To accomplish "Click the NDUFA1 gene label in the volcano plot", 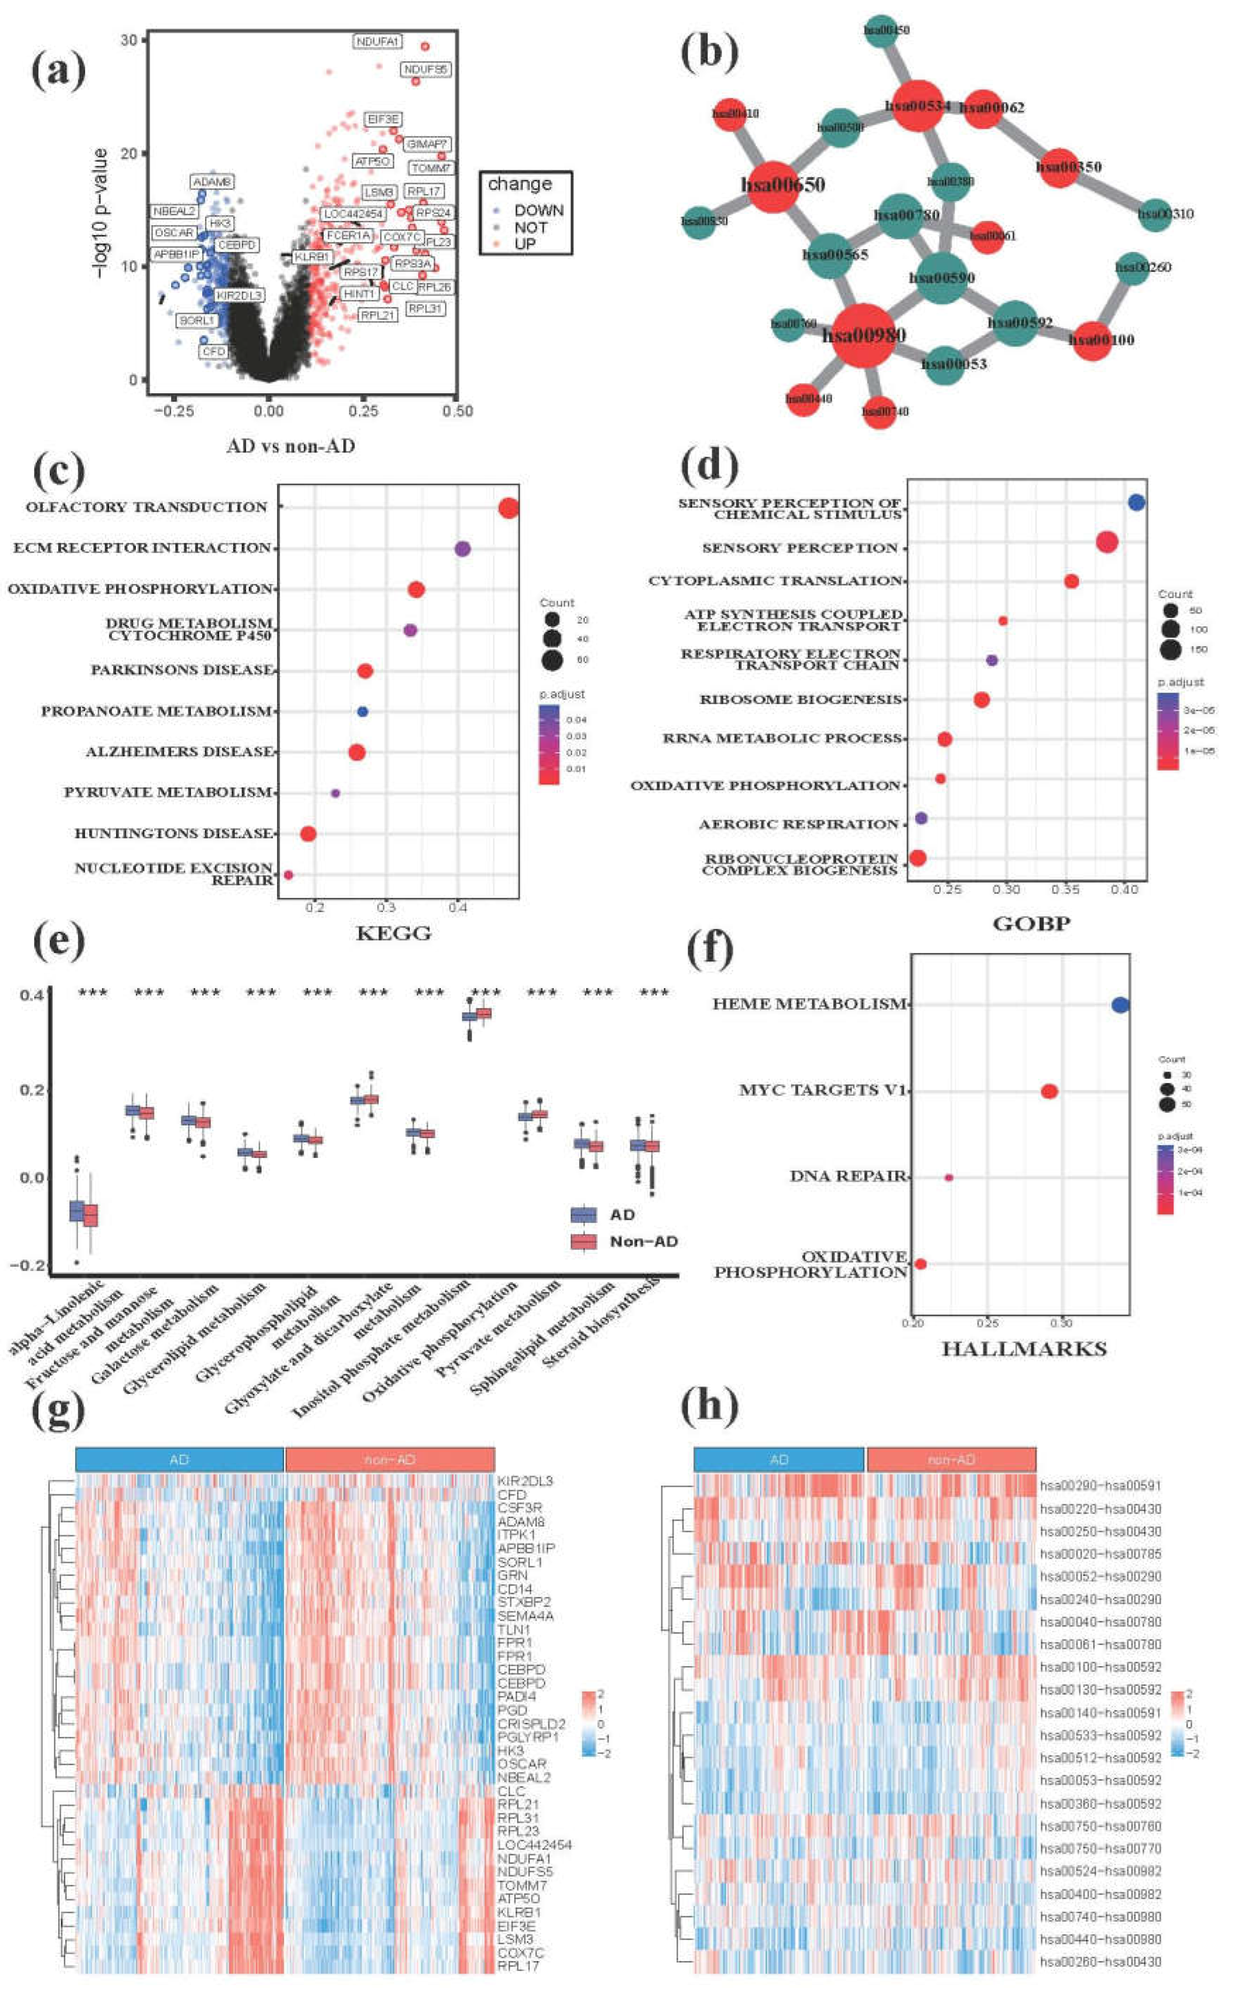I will [x=377, y=41].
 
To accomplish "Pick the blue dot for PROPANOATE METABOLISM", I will [x=363, y=712].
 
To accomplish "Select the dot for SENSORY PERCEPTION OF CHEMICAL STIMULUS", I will [x=1136, y=503].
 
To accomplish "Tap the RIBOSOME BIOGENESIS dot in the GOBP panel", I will [x=982, y=699].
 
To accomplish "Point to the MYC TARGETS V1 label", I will [x=823, y=1090].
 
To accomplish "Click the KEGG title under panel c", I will [x=393, y=933].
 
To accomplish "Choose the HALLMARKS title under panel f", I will [x=1024, y=1349].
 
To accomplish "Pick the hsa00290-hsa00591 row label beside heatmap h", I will [x=1100, y=1486].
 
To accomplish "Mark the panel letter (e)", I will [x=59, y=943].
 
